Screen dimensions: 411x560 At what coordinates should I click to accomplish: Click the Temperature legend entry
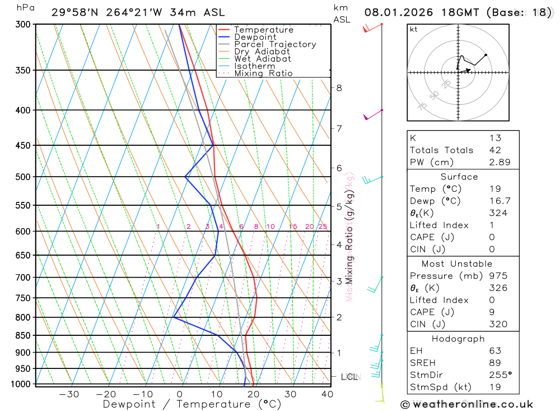(263, 30)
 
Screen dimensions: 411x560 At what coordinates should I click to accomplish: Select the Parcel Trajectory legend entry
(274, 44)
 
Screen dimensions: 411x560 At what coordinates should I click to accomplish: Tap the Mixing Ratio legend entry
(263, 73)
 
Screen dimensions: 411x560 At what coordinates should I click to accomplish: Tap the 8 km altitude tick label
(339, 88)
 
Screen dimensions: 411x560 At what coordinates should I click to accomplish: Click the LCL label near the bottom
(350, 377)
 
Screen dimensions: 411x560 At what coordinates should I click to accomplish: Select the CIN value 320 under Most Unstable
(498, 324)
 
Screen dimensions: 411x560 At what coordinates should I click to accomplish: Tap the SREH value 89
(495, 363)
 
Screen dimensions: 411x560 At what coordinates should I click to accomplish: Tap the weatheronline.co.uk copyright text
(466, 404)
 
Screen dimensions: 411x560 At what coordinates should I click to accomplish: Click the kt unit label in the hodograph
(413, 29)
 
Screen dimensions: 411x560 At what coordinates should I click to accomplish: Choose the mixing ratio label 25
(323, 227)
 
